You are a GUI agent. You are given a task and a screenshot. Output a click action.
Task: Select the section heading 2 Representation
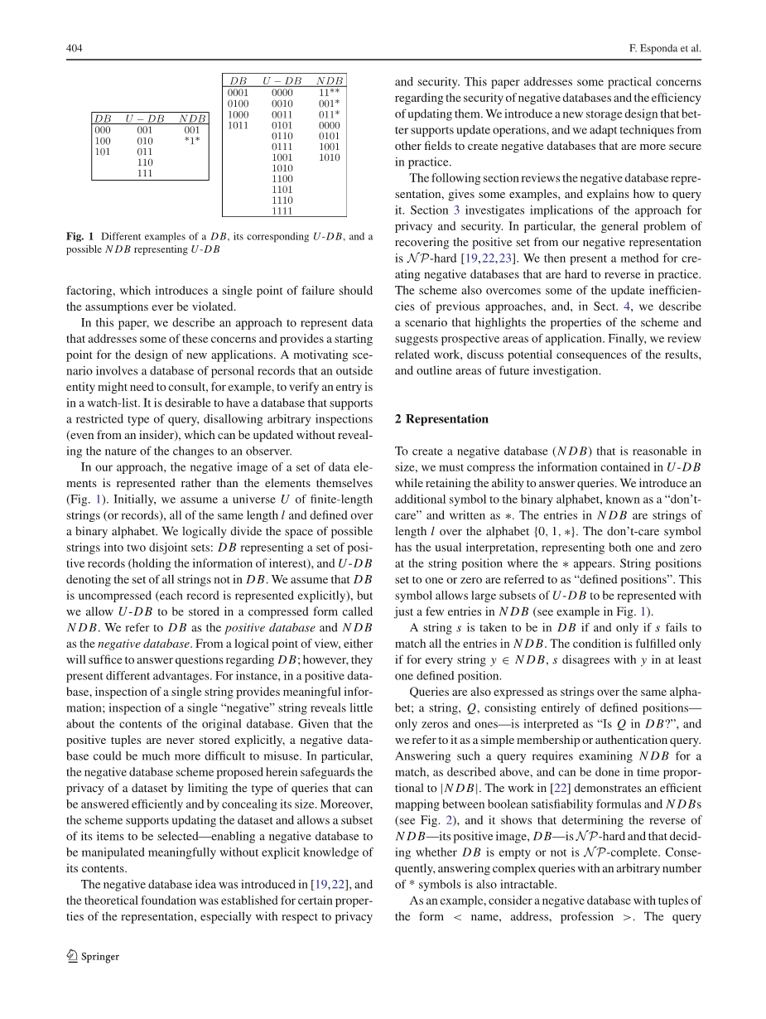click(x=441, y=419)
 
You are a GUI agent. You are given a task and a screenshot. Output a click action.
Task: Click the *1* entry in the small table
click(x=192, y=141)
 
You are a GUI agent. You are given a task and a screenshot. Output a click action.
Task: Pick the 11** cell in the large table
click(x=329, y=93)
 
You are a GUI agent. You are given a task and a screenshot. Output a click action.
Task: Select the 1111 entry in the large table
click(x=282, y=210)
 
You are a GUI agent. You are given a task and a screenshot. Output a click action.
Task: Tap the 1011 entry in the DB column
click(x=238, y=125)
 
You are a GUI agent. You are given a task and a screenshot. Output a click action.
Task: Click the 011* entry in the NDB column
click(x=329, y=114)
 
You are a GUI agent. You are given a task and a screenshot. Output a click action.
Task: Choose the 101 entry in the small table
click(x=103, y=152)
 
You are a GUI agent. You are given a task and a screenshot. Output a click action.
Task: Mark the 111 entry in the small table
click(x=145, y=173)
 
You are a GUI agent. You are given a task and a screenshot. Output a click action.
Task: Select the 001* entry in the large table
click(x=329, y=104)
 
